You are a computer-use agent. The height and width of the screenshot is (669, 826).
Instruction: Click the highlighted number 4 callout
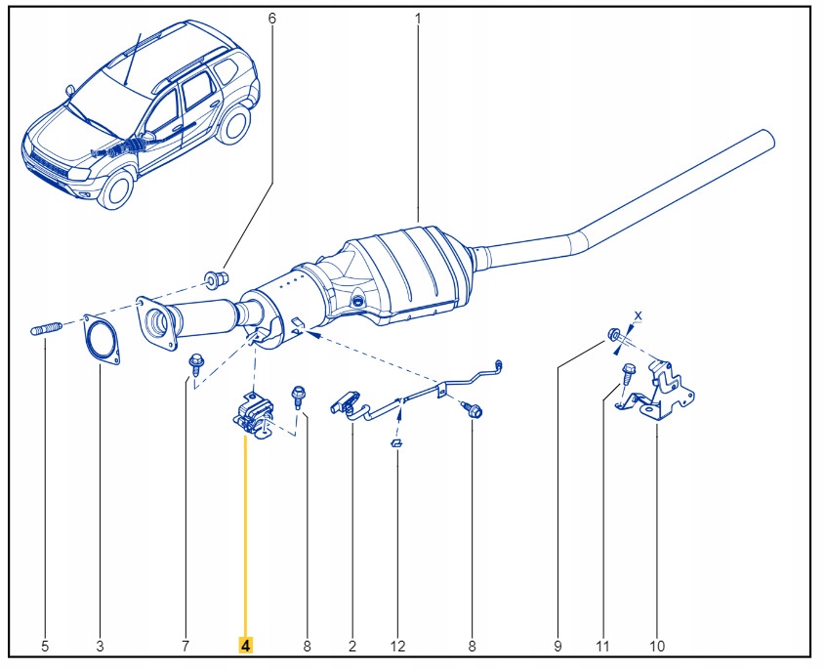(x=246, y=646)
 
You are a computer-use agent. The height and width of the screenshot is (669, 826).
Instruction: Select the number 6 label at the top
(x=271, y=19)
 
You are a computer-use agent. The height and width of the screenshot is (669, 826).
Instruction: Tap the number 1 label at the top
(x=418, y=19)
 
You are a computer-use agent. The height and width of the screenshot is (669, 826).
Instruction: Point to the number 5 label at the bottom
(x=44, y=646)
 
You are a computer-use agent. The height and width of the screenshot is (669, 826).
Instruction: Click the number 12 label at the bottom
(x=397, y=646)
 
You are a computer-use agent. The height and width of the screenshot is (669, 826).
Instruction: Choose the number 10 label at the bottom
(x=657, y=646)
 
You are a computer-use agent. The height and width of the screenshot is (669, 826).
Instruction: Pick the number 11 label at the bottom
(x=602, y=646)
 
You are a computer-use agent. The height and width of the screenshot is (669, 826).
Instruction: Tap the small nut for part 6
(x=217, y=280)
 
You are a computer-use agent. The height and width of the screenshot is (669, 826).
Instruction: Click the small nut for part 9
(x=613, y=336)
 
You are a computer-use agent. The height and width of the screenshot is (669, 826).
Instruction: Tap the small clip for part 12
(x=397, y=444)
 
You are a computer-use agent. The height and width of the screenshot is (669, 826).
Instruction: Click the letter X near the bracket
(x=639, y=315)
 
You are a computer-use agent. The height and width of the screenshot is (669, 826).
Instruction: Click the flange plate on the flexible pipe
(x=156, y=322)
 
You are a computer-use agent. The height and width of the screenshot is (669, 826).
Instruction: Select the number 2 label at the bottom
(x=352, y=646)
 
